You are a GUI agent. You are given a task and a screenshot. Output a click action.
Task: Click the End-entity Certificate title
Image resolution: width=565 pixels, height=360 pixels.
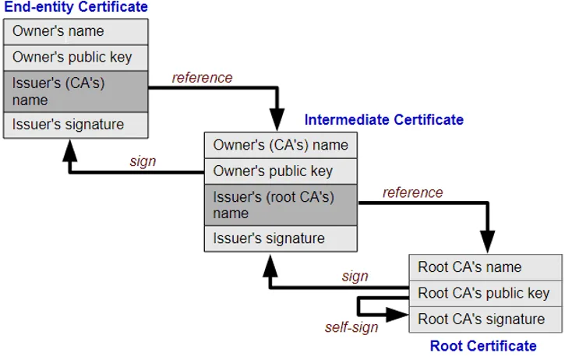pos(76,7)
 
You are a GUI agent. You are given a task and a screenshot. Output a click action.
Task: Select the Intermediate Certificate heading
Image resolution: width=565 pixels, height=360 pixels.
pos(383,120)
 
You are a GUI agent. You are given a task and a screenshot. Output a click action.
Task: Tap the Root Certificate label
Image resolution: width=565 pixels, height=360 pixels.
pos(483,346)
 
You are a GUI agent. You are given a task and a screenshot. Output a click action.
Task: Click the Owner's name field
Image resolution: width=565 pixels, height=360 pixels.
pos(76,32)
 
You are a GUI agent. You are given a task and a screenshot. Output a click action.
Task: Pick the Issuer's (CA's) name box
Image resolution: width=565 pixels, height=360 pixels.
pos(76,91)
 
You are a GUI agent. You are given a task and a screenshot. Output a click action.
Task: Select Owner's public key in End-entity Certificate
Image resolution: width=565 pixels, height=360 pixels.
pos(76,58)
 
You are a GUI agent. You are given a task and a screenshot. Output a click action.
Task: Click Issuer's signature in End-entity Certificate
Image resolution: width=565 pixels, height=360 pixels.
pos(76,125)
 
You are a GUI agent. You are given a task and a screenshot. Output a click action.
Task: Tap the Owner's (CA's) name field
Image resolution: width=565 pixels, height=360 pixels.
pos(281,145)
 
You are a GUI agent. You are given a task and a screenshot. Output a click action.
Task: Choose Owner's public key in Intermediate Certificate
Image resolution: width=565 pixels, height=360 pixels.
pos(281,171)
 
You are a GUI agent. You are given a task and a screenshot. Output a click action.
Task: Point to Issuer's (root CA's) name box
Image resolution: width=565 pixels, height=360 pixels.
pos(281,206)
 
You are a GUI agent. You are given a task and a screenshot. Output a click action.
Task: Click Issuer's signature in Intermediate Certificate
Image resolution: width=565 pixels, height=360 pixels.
pos(281,239)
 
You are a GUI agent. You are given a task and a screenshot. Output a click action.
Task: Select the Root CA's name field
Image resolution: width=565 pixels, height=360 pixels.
pos(486,267)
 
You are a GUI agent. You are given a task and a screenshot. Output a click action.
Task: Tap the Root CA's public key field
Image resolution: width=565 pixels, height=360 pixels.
pos(486,294)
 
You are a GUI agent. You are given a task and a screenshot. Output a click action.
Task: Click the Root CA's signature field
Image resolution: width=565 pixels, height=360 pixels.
pos(486,319)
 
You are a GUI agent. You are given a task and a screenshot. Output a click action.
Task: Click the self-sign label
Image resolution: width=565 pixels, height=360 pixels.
pos(351,327)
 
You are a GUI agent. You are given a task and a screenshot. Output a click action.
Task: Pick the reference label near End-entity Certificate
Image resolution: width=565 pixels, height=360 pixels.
pos(202,77)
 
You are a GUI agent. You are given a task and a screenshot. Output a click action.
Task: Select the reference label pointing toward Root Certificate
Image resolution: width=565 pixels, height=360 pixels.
pos(412,192)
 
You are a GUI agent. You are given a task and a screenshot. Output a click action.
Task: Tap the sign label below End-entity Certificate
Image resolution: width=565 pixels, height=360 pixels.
pos(143,161)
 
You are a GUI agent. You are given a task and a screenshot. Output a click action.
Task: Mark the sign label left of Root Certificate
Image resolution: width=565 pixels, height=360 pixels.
pos(355,277)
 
